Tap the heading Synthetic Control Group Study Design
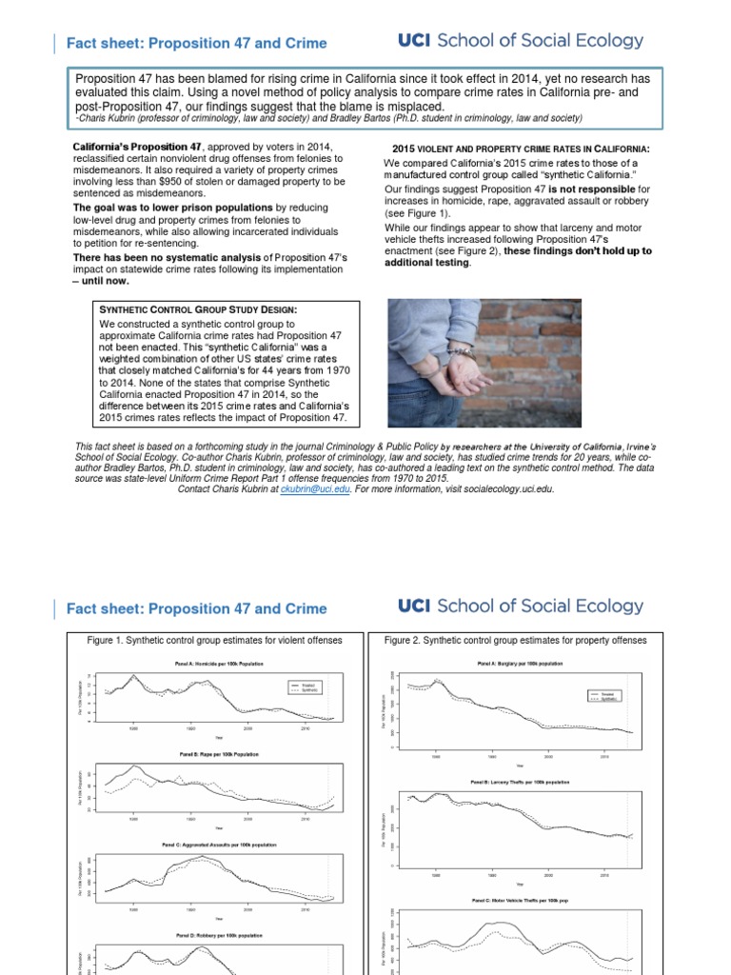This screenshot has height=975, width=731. tap(198, 308)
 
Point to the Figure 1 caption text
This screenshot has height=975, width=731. tap(213, 641)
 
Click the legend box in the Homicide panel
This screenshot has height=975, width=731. tap(306, 687)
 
